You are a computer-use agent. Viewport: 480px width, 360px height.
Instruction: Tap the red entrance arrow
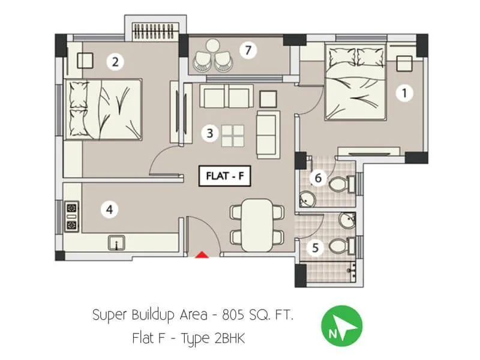[203, 255]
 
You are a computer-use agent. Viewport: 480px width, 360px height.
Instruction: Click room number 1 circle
[405, 92]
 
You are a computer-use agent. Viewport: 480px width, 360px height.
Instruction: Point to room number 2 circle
[115, 61]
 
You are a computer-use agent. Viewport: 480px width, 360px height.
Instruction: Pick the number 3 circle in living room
[209, 133]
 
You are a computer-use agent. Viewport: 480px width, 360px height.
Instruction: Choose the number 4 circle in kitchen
[109, 209]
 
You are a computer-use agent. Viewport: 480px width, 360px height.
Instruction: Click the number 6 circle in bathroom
[319, 178]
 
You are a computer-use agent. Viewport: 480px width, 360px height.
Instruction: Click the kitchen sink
[116, 243]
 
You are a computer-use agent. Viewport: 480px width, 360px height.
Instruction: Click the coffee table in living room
[232, 135]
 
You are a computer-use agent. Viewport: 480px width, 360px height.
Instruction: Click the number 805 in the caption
[233, 314]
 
